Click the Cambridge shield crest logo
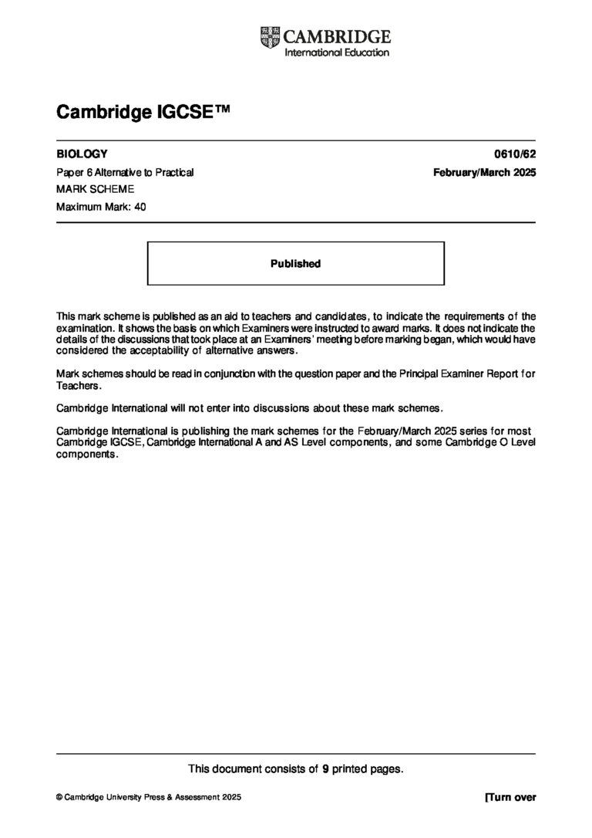[270, 36]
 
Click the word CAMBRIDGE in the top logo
[337, 36]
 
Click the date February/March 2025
[485, 172]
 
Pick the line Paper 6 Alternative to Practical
[125, 172]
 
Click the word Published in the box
[295, 264]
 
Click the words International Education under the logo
[337, 52]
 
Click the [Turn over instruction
[510, 798]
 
